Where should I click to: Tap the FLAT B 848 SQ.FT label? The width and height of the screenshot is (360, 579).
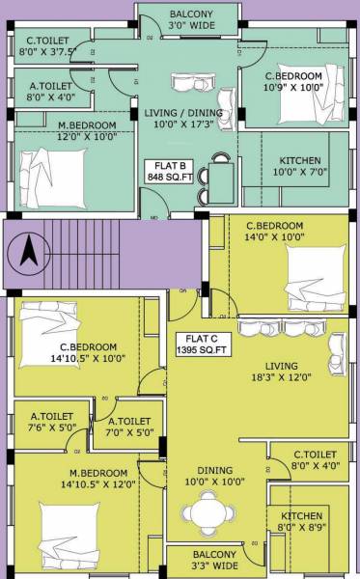[167, 171]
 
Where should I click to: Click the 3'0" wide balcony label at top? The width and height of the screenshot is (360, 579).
[190, 20]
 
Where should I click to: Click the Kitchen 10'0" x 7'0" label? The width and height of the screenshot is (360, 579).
[299, 166]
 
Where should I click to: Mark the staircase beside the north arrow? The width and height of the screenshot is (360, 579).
[92, 255]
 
